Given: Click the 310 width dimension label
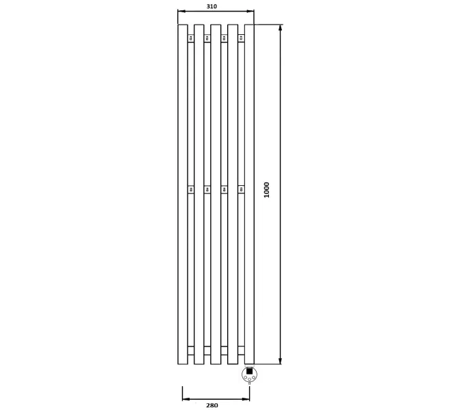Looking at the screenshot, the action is pyautogui.click(x=211, y=6).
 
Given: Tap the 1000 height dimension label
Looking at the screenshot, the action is pyautogui.click(x=267, y=190).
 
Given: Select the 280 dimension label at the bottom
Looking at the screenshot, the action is pyautogui.click(x=212, y=405).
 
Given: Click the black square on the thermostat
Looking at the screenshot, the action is pyautogui.click(x=249, y=371).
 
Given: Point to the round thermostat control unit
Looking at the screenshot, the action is pyautogui.click(x=249, y=374).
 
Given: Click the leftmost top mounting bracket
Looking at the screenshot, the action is pyautogui.click(x=191, y=38).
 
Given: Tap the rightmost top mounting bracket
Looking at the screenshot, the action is pyautogui.click(x=241, y=38).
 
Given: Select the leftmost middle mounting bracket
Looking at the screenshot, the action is pyautogui.click(x=191, y=189).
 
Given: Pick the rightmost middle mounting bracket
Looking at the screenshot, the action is pyautogui.click(x=241, y=189).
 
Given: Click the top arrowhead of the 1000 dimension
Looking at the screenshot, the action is pyautogui.click(x=280, y=28).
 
